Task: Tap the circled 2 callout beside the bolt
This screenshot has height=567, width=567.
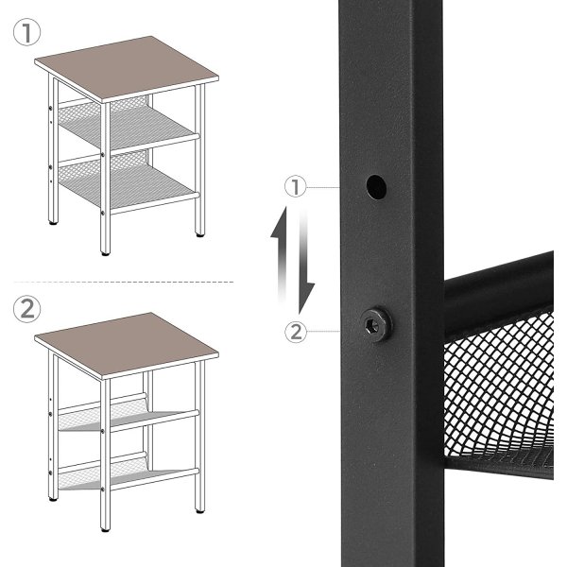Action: click(299, 330)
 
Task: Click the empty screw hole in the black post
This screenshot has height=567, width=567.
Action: click(375, 185)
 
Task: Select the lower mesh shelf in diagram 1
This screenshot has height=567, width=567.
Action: click(128, 180)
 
